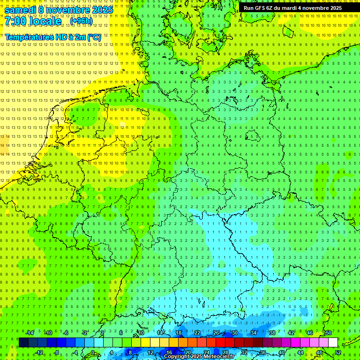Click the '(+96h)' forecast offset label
coord(82,21)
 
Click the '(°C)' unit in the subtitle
coord(94,37)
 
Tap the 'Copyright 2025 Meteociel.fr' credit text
coord(199,357)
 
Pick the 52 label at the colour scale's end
coord(338,352)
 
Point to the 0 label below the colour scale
coord(93,352)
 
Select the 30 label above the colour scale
coord(234,333)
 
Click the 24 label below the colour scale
coord(206,352)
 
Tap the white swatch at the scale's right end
coord(333,342)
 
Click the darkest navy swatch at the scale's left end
coord(23,342)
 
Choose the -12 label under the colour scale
coord(39,352)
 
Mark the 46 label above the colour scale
coord(309,333)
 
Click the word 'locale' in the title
coord(47,21)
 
